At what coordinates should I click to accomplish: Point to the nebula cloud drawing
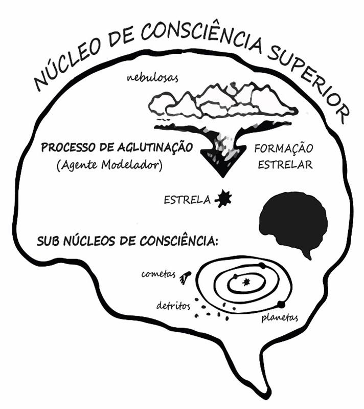(x=222, y=102)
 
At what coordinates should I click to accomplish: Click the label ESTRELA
(x=187, y=200)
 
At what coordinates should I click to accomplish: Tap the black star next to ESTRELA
(x=223, y=199)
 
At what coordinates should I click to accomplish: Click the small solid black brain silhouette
(x=293, y=222)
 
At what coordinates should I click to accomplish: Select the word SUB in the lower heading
(x=48, y=241)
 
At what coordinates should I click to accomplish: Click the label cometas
(x=158, y=274)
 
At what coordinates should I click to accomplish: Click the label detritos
(x=173, y=306)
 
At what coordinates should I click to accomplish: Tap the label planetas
(x=279, y=318)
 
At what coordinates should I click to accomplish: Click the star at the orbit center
(x=247, y=281)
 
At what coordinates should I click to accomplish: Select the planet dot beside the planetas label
(x=281, y=305)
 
